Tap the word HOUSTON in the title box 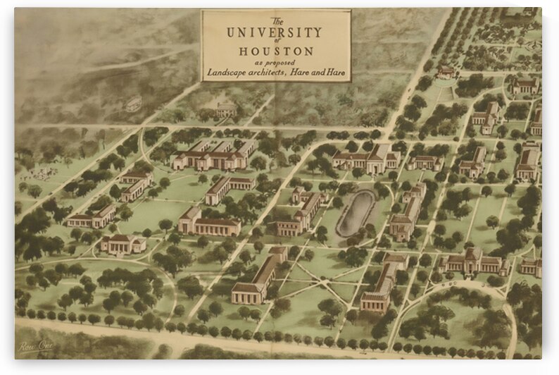[276, 51]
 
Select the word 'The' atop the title [276, 19]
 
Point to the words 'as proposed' [275, 63]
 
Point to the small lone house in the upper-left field [133, 104]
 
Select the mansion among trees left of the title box [225, 109]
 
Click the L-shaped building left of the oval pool [301, 211]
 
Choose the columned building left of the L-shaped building [208, 223]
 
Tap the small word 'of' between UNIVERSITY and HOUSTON [276, 42]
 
